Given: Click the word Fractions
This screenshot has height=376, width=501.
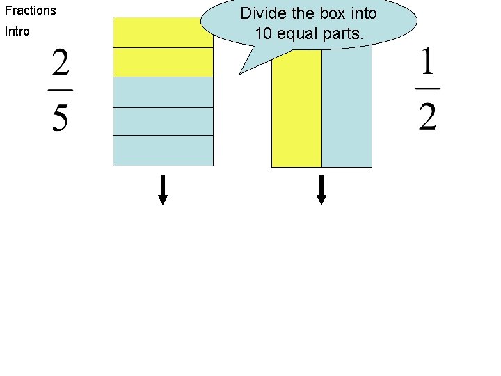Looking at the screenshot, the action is pyautogui.click(x=31, y=10).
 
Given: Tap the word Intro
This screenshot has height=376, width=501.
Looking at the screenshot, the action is pyautogui.click(x=17, y=31).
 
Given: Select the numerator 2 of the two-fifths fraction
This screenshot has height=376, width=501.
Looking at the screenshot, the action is pyautogui.click(x=61, y=66).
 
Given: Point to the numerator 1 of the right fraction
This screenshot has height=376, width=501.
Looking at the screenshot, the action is pyautogui.click(x=427, y=66).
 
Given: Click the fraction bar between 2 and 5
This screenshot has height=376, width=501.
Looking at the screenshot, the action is pyautogui.click(x=61, y=90).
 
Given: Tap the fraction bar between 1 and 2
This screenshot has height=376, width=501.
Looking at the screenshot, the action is pyautogui.click(x=427, y=88).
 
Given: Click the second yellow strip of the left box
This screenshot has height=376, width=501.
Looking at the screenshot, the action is pyautogui.click(x=163, y=62).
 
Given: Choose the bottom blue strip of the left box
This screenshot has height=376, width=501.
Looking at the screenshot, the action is pyautogui.click(x=163, y=150).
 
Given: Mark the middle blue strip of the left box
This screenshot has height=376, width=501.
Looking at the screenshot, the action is pyautogui.click(x=163, y=121).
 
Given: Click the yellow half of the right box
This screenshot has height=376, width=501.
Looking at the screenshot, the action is pyautogui.click(x=296, y=111).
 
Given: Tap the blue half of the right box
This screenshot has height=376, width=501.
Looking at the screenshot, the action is pyautogui.click(x=347, y=111).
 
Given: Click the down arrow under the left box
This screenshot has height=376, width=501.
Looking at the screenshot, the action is pyautogui.click(x=163, y=190).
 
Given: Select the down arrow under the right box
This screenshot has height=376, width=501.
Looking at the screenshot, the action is pyautogui.click(x=321, y=190).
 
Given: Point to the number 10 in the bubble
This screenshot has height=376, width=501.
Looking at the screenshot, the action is pyautogui.click(x=264, y=33).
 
